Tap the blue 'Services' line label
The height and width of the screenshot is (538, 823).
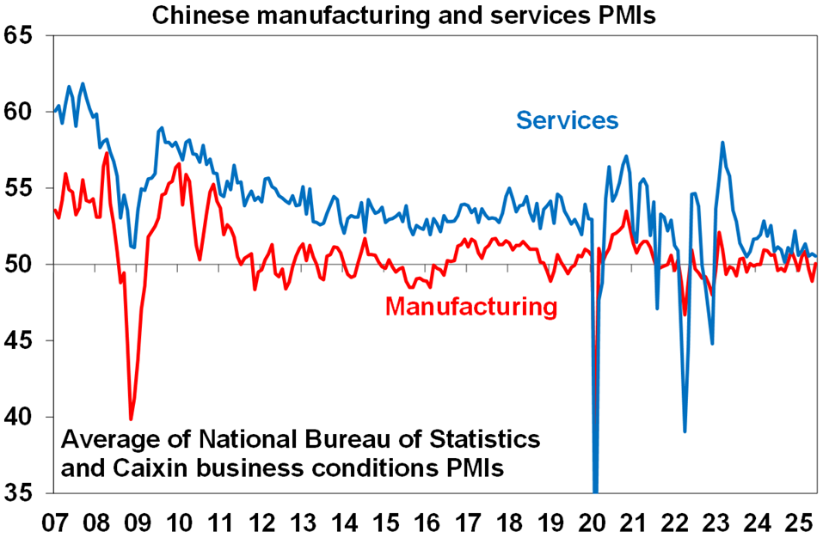pyautogui.click(x=567, y=119)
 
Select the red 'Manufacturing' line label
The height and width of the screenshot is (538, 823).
pyautogui.click(x=471, y=305)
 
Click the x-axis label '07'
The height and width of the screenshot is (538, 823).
pyautogui.click(x=54, y=522)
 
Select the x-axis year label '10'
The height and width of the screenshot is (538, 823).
pyautogui.click(x=179, y=522)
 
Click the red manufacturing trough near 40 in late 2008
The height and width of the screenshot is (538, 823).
pyautogui.click(x=132, y=419)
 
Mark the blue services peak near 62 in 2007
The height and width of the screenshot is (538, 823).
pyautogui.click(x=83, y=84)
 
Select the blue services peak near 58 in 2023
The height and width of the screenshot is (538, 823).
pyautogui.click(x=723, y=143)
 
